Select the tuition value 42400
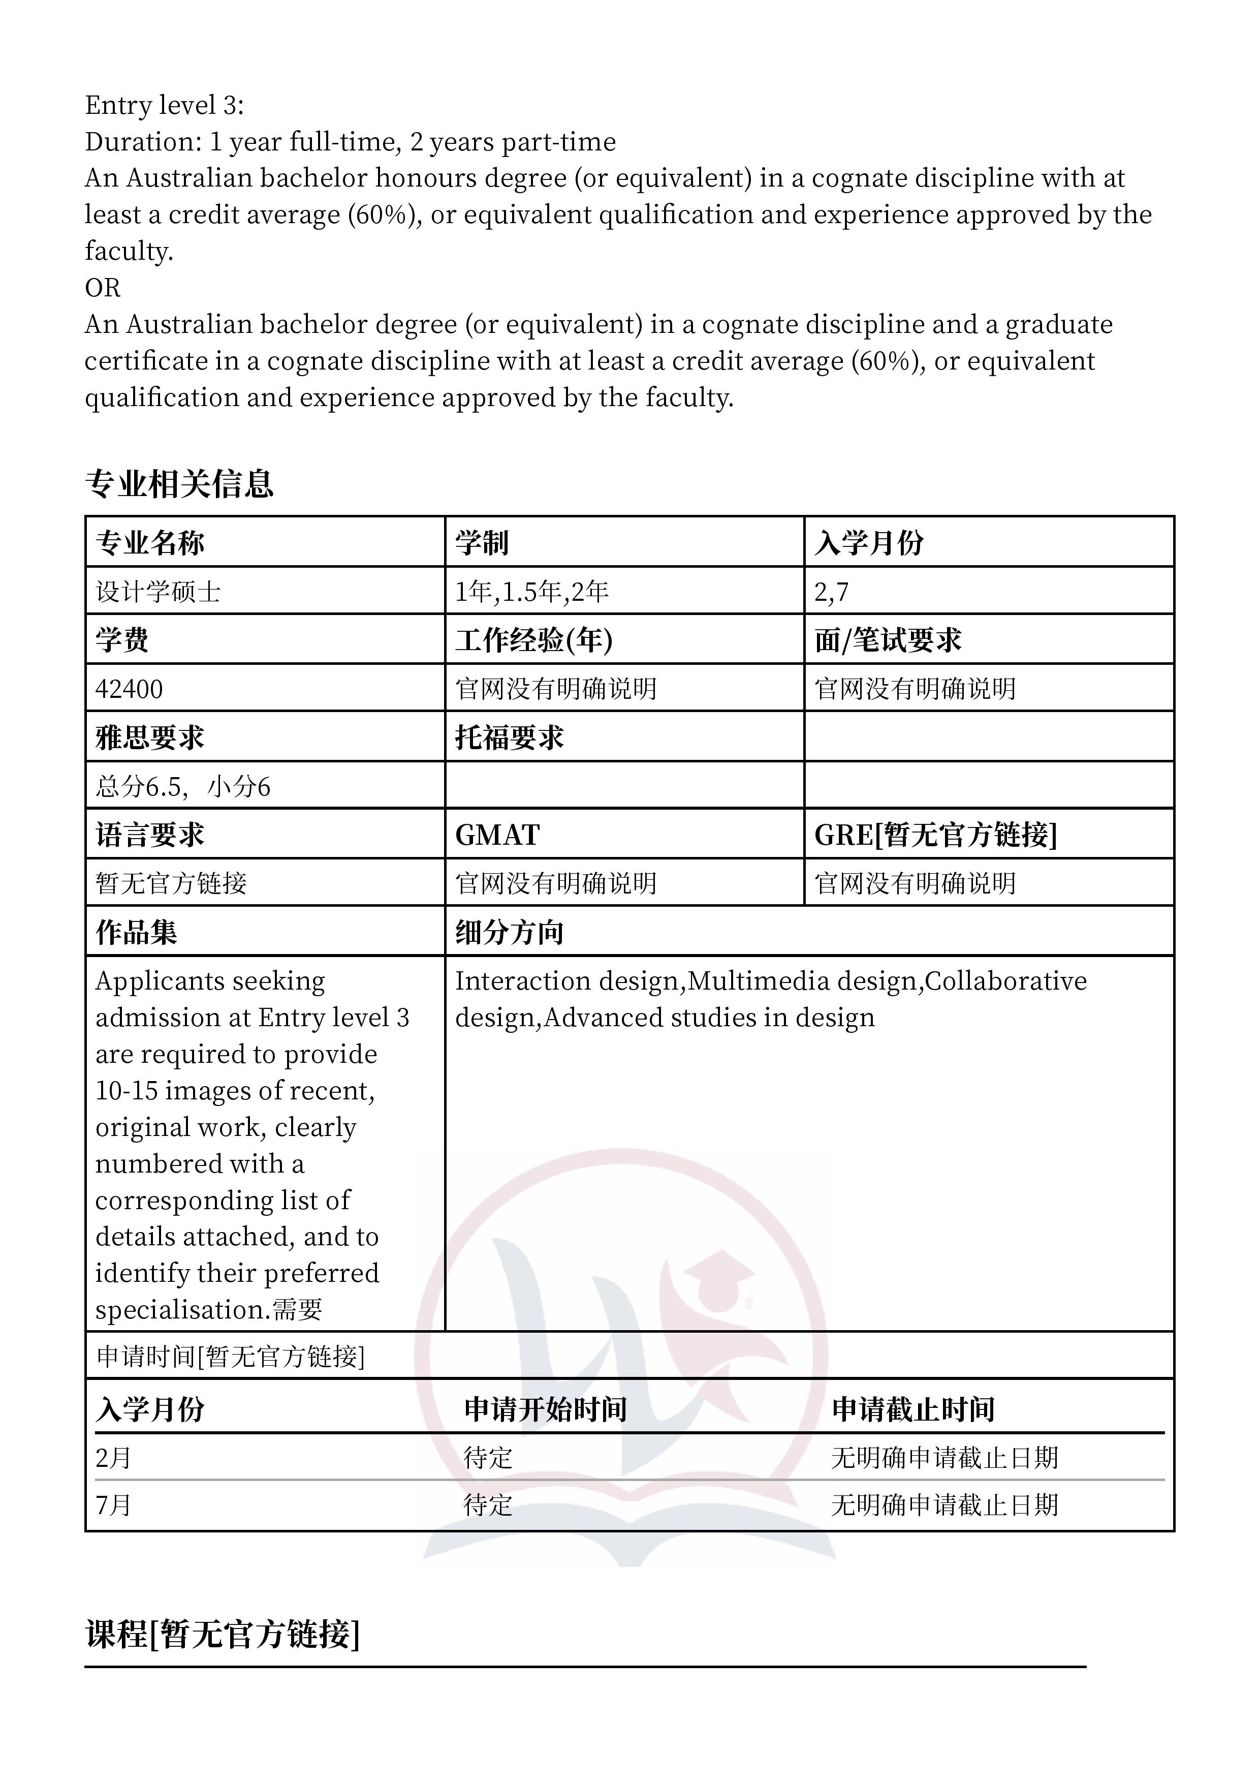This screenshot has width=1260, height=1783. click(x=129, y=689)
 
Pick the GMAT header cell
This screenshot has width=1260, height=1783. click(x=497, y=835)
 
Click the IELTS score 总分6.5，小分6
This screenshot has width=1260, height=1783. click(x=183, y=787)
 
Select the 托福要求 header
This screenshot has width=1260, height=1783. click(x=509, y=737)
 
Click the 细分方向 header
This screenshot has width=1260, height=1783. click(x=509, y=932)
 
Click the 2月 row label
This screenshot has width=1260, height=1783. click(x=113, y=1458)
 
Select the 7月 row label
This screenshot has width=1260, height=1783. click(x=113, y=1505)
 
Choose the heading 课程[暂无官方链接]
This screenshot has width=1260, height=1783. click(x=222, y=1634)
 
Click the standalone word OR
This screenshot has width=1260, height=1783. click(x=103, y=287)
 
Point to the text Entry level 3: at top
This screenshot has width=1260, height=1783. click(x=164, y=105)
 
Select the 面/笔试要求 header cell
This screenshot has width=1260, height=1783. click(x=888, y=640)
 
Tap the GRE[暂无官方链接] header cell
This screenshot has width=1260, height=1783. click(x=935, y=835)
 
